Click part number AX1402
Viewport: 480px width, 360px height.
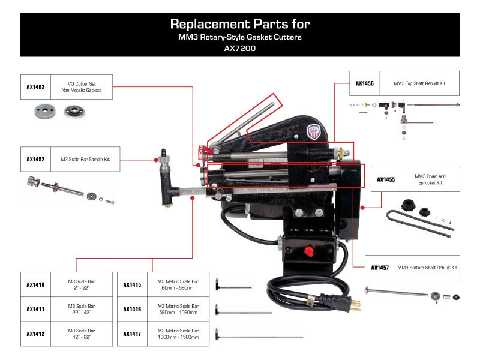coord(36,86)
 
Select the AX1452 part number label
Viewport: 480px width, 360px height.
coord(36,160)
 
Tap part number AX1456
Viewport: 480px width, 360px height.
coord(365,83)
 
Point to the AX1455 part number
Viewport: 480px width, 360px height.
coord(386,179)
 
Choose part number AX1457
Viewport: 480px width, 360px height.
coord(380,268)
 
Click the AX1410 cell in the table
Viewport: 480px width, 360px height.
coord(36,285)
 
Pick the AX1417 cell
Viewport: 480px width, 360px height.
coord(132,334)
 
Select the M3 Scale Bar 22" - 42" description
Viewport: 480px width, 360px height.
coord(82,309)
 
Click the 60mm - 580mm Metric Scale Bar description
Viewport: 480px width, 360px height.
coord(178,285)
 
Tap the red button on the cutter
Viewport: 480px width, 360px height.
coord(310,249)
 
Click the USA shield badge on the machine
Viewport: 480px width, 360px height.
coord(313,131)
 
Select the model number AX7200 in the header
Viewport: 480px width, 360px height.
coord(239,49)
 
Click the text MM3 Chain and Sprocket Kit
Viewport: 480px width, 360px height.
coord(430,179)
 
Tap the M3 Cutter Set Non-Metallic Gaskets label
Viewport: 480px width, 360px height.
coord(82,86)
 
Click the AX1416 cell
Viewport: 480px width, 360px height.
coord(132,309)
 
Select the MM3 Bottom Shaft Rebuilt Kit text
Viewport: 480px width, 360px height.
coord(427,268)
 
